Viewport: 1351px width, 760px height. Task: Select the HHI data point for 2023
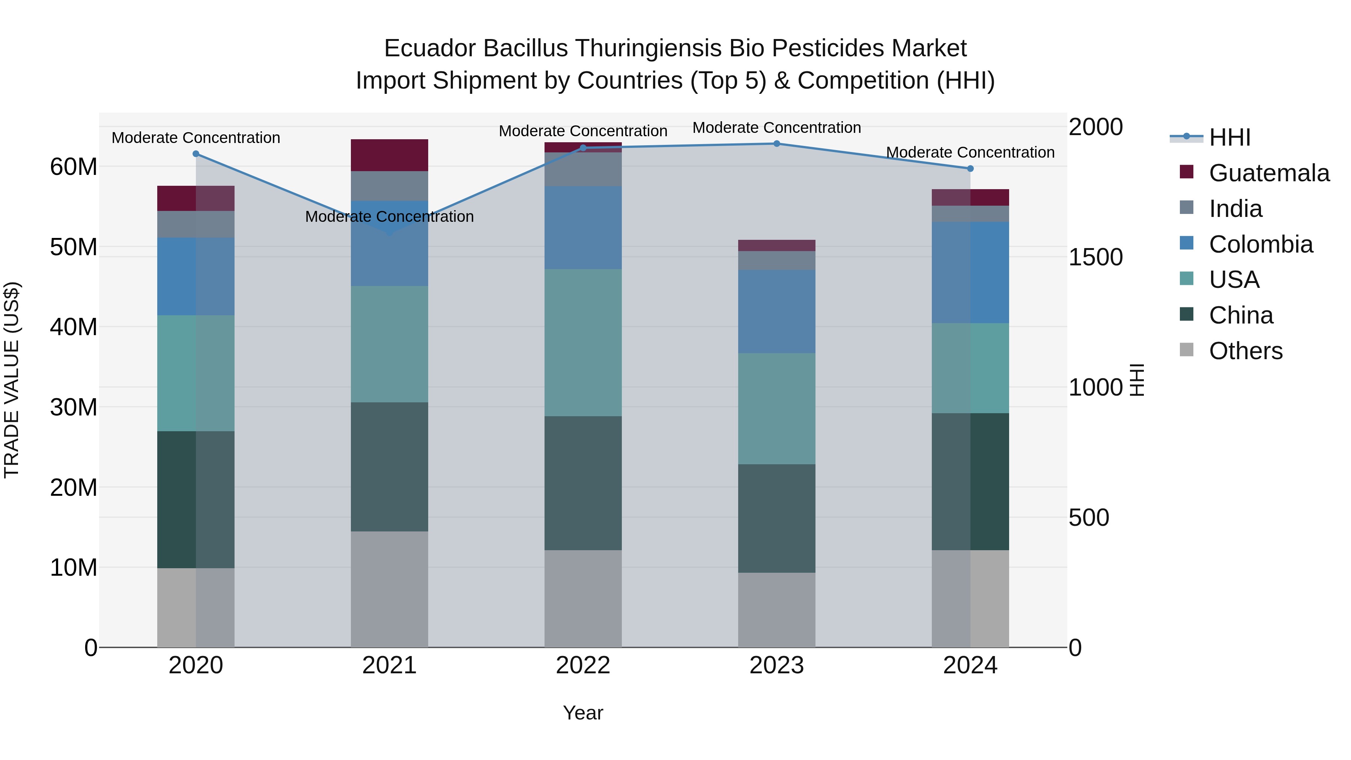coord(777,143)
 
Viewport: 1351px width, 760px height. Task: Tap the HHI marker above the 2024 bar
coord(970,169)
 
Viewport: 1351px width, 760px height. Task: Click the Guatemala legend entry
coord(1269,173)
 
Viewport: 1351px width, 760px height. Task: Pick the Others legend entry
coord(1245,351)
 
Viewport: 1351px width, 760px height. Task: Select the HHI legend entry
coord(1229,137)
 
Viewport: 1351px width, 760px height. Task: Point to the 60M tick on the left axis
coord(74,167)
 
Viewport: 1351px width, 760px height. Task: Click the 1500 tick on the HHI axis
coord(1095,257)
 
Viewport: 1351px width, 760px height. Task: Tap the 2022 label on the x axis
coord(583,665)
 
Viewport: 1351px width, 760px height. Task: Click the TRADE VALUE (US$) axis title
coord(12,380)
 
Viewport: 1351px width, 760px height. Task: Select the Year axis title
coord(583,713)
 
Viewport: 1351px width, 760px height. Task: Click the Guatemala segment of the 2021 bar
coord(389,155)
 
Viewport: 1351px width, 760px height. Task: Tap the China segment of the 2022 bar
coord(583,483)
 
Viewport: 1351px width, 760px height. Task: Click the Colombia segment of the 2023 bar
coord(777,312)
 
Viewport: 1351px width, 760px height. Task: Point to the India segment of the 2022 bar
coord(583,169)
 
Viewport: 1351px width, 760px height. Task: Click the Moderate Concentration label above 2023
coord(777,128)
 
